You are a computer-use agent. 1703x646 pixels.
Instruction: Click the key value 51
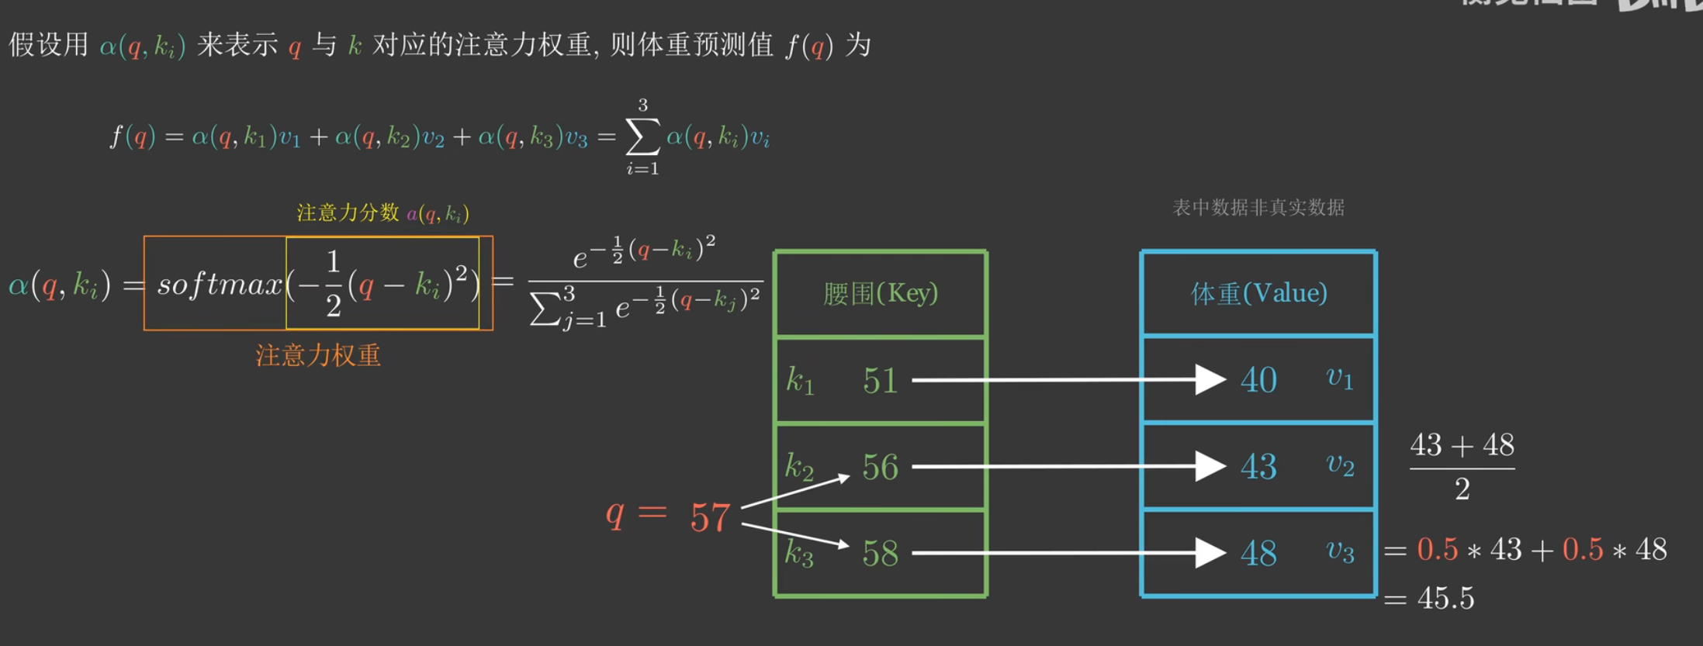(x=880, y=381)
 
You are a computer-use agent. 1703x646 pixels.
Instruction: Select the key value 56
(x=880, y=467)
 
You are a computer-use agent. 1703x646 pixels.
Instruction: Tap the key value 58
(x=880, y=554)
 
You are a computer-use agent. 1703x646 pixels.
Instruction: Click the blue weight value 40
(x=1258, y=380)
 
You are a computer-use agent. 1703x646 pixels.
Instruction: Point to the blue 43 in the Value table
(x=1258, y=467)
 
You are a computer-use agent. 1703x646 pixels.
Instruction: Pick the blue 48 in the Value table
(x=1258, y=554)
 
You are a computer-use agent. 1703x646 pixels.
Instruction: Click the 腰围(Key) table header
(x=881, y=293)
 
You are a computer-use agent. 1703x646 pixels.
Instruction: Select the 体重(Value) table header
(x=1258, y=293)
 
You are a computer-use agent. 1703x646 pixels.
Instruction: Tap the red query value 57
(x=710, y=517)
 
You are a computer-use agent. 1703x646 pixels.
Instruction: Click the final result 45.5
(x=1445, y=598)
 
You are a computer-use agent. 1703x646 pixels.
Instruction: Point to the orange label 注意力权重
(x=318, y=355)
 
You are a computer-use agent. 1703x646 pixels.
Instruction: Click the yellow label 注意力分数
(x=348, y=212)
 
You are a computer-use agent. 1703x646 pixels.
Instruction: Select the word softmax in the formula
(x=220, y=285)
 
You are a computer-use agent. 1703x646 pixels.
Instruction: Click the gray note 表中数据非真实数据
(x=1258, y=207)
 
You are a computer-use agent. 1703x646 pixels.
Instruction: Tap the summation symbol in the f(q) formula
(x=642, y=137)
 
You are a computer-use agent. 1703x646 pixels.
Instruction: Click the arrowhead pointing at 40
(x=1210, y=380)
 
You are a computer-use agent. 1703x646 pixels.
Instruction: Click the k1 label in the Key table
(x=799, y=381)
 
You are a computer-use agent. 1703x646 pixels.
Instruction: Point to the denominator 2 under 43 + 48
(x=1462, y=489)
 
